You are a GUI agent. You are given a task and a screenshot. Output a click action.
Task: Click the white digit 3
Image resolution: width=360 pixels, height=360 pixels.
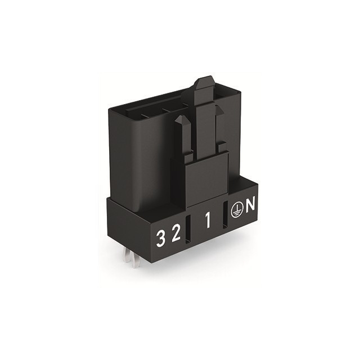[161, 238]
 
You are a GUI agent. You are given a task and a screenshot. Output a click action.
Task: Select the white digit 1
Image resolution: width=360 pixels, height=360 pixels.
[208, 220]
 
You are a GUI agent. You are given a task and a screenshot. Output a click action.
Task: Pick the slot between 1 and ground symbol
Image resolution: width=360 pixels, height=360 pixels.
[225, 215]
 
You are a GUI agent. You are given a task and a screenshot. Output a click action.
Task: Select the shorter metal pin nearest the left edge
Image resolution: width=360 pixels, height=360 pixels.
[128, 255]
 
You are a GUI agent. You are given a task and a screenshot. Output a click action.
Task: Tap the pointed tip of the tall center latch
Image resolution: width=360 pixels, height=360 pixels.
[205, 78]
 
